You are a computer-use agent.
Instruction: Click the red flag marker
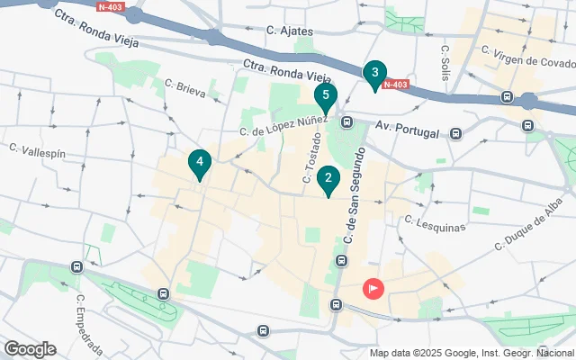[373, 289]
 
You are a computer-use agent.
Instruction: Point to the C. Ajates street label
[290, 31]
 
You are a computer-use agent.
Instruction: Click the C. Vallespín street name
[37, 149]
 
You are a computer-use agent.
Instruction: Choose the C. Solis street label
[445, 59]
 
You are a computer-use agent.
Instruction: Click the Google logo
[30, 349]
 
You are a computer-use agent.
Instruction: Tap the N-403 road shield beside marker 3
[396, 85]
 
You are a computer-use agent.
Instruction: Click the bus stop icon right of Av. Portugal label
[456, 134]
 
